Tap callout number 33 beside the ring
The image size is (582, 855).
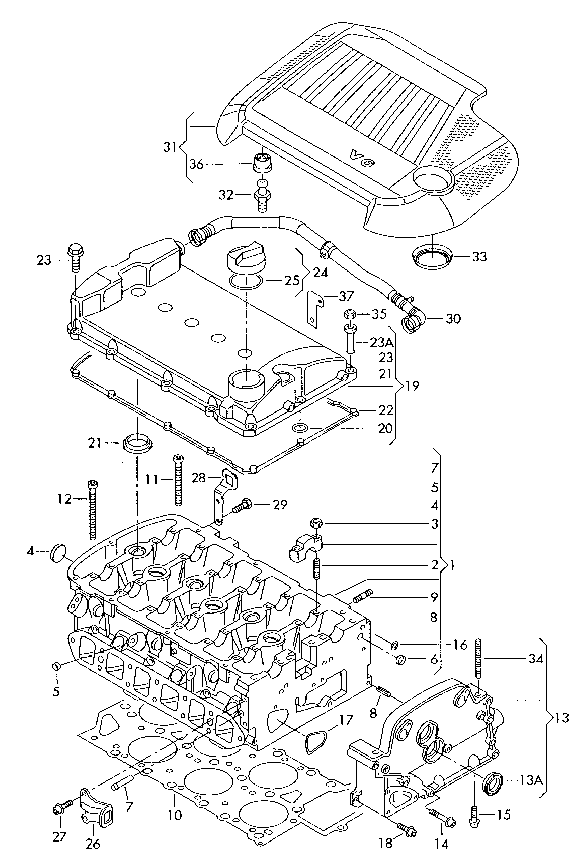tap(479, 256)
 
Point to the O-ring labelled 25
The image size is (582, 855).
tap(246, 281)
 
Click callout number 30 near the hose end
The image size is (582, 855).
tap(453, 319)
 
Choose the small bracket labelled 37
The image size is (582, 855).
tap(314, 308)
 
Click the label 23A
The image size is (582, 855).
tap(382, 343)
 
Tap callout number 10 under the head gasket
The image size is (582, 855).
tap(175, 815)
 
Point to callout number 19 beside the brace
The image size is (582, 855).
tap(412, 386)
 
